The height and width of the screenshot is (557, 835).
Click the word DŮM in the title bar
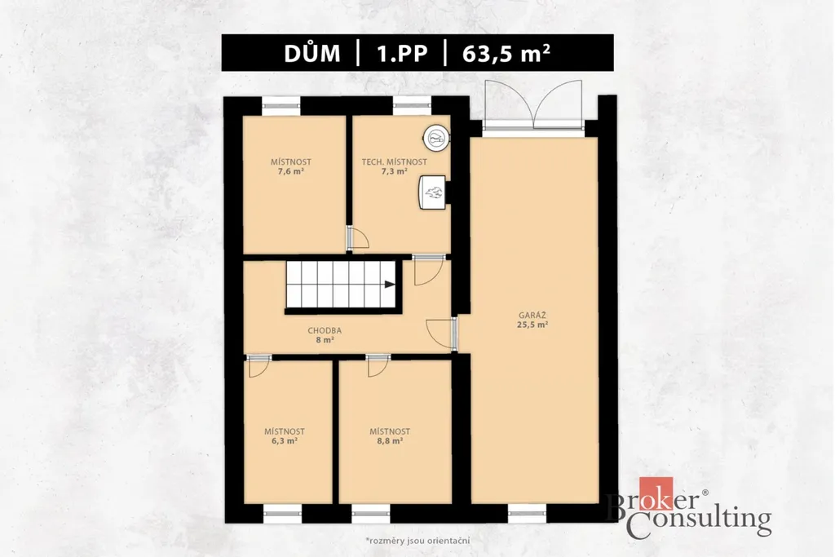point(312,53)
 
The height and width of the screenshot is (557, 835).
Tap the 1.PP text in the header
point(402,54)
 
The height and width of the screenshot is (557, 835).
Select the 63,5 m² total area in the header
point(506,53)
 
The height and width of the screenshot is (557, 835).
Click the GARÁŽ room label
point(532,316)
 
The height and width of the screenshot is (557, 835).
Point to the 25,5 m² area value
point(532,325)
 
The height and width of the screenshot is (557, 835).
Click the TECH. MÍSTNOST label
point(394,162)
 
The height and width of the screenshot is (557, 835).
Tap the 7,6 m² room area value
point(291,171)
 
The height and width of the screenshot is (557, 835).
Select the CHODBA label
point(325,330)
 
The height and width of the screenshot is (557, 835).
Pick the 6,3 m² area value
point(285,441)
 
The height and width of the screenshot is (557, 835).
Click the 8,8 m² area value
point(390,441)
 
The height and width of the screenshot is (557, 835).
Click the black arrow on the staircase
point(390,285)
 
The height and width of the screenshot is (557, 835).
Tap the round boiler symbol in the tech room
point(436,137)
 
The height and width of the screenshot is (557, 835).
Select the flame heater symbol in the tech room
point(432,192)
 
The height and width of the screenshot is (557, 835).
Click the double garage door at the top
point(533,106)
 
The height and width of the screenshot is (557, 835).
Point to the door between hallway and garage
point(443,334)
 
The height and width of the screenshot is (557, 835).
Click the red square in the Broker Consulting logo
point(656,493)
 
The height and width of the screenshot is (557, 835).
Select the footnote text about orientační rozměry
point(417,541)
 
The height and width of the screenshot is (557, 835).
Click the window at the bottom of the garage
point(528,513)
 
